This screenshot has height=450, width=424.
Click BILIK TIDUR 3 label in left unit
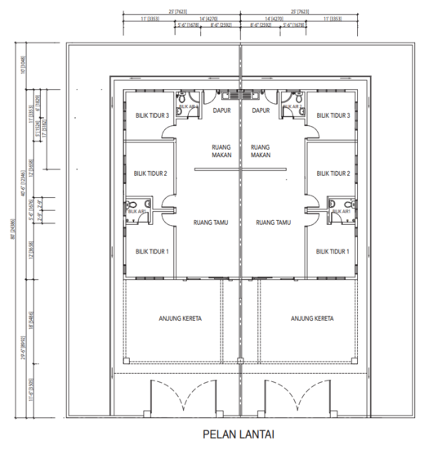click(x=152, y=116)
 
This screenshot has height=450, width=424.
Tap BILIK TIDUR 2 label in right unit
click(x=333, y=173)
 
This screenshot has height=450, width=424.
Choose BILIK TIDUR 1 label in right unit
click(x=333, y=251)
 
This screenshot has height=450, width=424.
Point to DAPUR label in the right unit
click(x=261, y=110)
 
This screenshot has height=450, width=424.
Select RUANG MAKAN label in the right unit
click(x=261, y=149)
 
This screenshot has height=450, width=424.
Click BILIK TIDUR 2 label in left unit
click(x=150, y=173)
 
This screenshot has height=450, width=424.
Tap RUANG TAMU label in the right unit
click(x=273, y=222)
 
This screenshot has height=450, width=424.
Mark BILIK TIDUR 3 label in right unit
click(x=333, y=116)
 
